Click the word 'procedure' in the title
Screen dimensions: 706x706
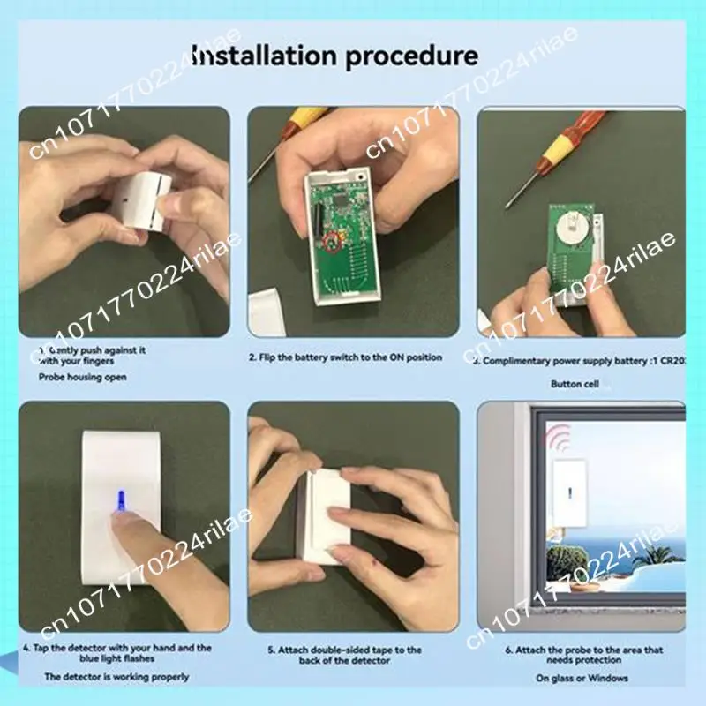[412, 58]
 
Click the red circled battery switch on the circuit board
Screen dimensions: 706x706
[332, 241]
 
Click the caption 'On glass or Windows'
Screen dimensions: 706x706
[581, 678]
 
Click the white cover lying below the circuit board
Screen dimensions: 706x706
[274, 312]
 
